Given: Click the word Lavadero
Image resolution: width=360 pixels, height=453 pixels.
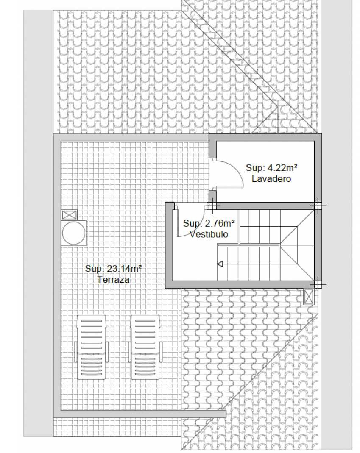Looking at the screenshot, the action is click(271, 178).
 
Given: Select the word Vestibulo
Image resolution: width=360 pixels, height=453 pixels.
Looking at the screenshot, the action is click(209, 234).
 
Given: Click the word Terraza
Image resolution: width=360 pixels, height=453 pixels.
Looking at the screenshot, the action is click(113, 279).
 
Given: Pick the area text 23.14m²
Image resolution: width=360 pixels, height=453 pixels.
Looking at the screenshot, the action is click(124, 268).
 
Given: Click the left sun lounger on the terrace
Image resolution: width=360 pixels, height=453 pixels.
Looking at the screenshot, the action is click(91, 347).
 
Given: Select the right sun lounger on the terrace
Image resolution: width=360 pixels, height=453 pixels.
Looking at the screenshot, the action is click(145, 347).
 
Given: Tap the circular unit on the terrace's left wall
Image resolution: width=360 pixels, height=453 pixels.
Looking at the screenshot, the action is click(74, 233).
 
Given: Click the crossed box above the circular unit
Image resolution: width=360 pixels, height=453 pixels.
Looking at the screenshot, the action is click(70, 215).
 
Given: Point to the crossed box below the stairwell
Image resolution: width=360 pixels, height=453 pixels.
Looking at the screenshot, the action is click(309, 297).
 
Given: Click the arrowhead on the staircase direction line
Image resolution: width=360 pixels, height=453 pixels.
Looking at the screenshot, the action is click(220, 264).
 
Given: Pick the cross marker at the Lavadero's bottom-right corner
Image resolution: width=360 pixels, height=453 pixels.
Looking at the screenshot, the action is click(317, 206).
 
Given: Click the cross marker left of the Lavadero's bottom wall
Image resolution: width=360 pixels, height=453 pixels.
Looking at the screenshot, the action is click(212, 206).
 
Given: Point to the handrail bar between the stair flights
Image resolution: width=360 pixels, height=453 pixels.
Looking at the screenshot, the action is click(248, 245).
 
